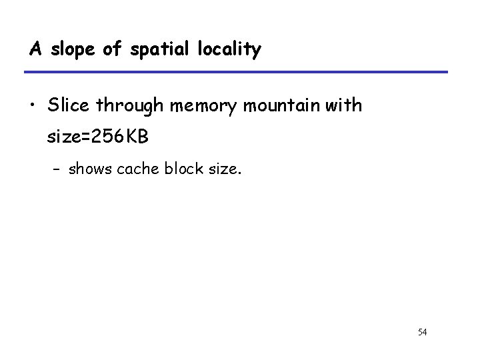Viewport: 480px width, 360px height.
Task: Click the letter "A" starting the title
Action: click(x=34, y=49)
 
